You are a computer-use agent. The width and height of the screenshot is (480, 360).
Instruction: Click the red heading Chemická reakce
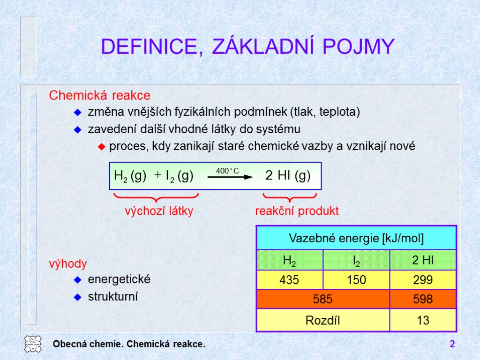point(100,96)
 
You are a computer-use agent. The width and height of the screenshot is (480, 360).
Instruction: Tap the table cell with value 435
point(289,280)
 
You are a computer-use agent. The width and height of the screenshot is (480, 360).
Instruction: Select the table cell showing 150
point(356,280)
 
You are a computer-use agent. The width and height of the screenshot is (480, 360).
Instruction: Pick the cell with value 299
point(423,280)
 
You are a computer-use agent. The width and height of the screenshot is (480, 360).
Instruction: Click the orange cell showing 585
point(323,299)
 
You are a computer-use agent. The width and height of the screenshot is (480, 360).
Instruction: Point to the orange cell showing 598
point(423,299)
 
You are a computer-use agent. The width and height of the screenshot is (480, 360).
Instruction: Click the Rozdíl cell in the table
point(323,321)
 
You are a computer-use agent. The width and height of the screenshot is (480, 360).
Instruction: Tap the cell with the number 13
point(423,321)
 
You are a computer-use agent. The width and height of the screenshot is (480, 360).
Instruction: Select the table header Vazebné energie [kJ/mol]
point(356,239)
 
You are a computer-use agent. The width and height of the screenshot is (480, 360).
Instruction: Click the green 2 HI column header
point(423,261)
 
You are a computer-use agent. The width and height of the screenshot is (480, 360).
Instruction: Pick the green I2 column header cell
point(356,261)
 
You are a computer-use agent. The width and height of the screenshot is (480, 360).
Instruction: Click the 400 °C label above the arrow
point(227,171)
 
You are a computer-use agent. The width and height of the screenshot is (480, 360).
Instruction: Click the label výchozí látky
point(159,211)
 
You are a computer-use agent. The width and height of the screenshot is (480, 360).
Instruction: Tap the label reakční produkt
point(297,211)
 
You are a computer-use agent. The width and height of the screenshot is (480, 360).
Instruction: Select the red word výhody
point(68,264)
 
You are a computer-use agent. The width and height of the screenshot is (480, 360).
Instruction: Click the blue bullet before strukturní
point(78,297)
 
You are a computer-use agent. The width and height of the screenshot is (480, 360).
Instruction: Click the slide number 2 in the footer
point(452,345)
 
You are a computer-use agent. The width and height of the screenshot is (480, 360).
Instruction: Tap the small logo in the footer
point(33,344)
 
